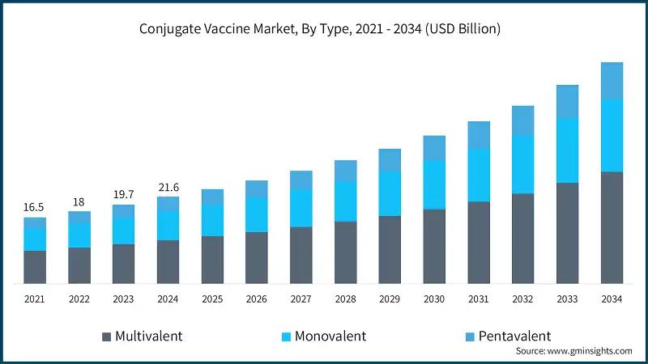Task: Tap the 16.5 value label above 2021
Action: coord(34,207)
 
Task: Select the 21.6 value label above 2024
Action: coord(168,187)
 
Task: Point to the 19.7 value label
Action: coord(123,195)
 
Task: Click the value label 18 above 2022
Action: coord(79,201)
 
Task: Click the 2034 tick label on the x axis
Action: coord(612,299)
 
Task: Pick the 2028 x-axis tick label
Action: coord(345,299)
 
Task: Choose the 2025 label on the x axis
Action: coord(212,299)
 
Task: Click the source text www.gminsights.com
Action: coord(574,351)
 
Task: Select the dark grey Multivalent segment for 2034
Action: coord(612,227)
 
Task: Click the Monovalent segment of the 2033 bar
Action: coord(567,150)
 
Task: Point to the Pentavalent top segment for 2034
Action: coord(612,80)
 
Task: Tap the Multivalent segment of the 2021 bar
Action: coord(34,267)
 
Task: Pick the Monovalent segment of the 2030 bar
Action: coord(434,184)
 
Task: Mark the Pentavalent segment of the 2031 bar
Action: coord(479,135)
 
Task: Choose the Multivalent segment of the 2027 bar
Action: coord(301,255)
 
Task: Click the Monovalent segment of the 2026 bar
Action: coord(257,214)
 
